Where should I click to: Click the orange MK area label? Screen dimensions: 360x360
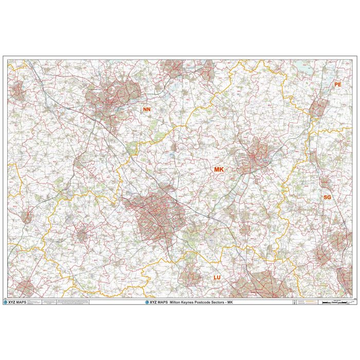(219, 169)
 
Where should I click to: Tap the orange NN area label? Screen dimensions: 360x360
(147, 110)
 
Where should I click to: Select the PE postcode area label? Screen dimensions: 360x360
(337, 84)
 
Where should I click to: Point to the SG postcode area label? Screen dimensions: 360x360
(327, 197)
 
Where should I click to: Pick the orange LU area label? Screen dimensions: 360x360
(217, 278)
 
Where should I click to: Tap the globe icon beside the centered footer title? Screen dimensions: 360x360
(147, 302)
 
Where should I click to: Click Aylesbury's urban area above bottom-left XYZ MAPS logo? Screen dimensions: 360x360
(23, 288)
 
